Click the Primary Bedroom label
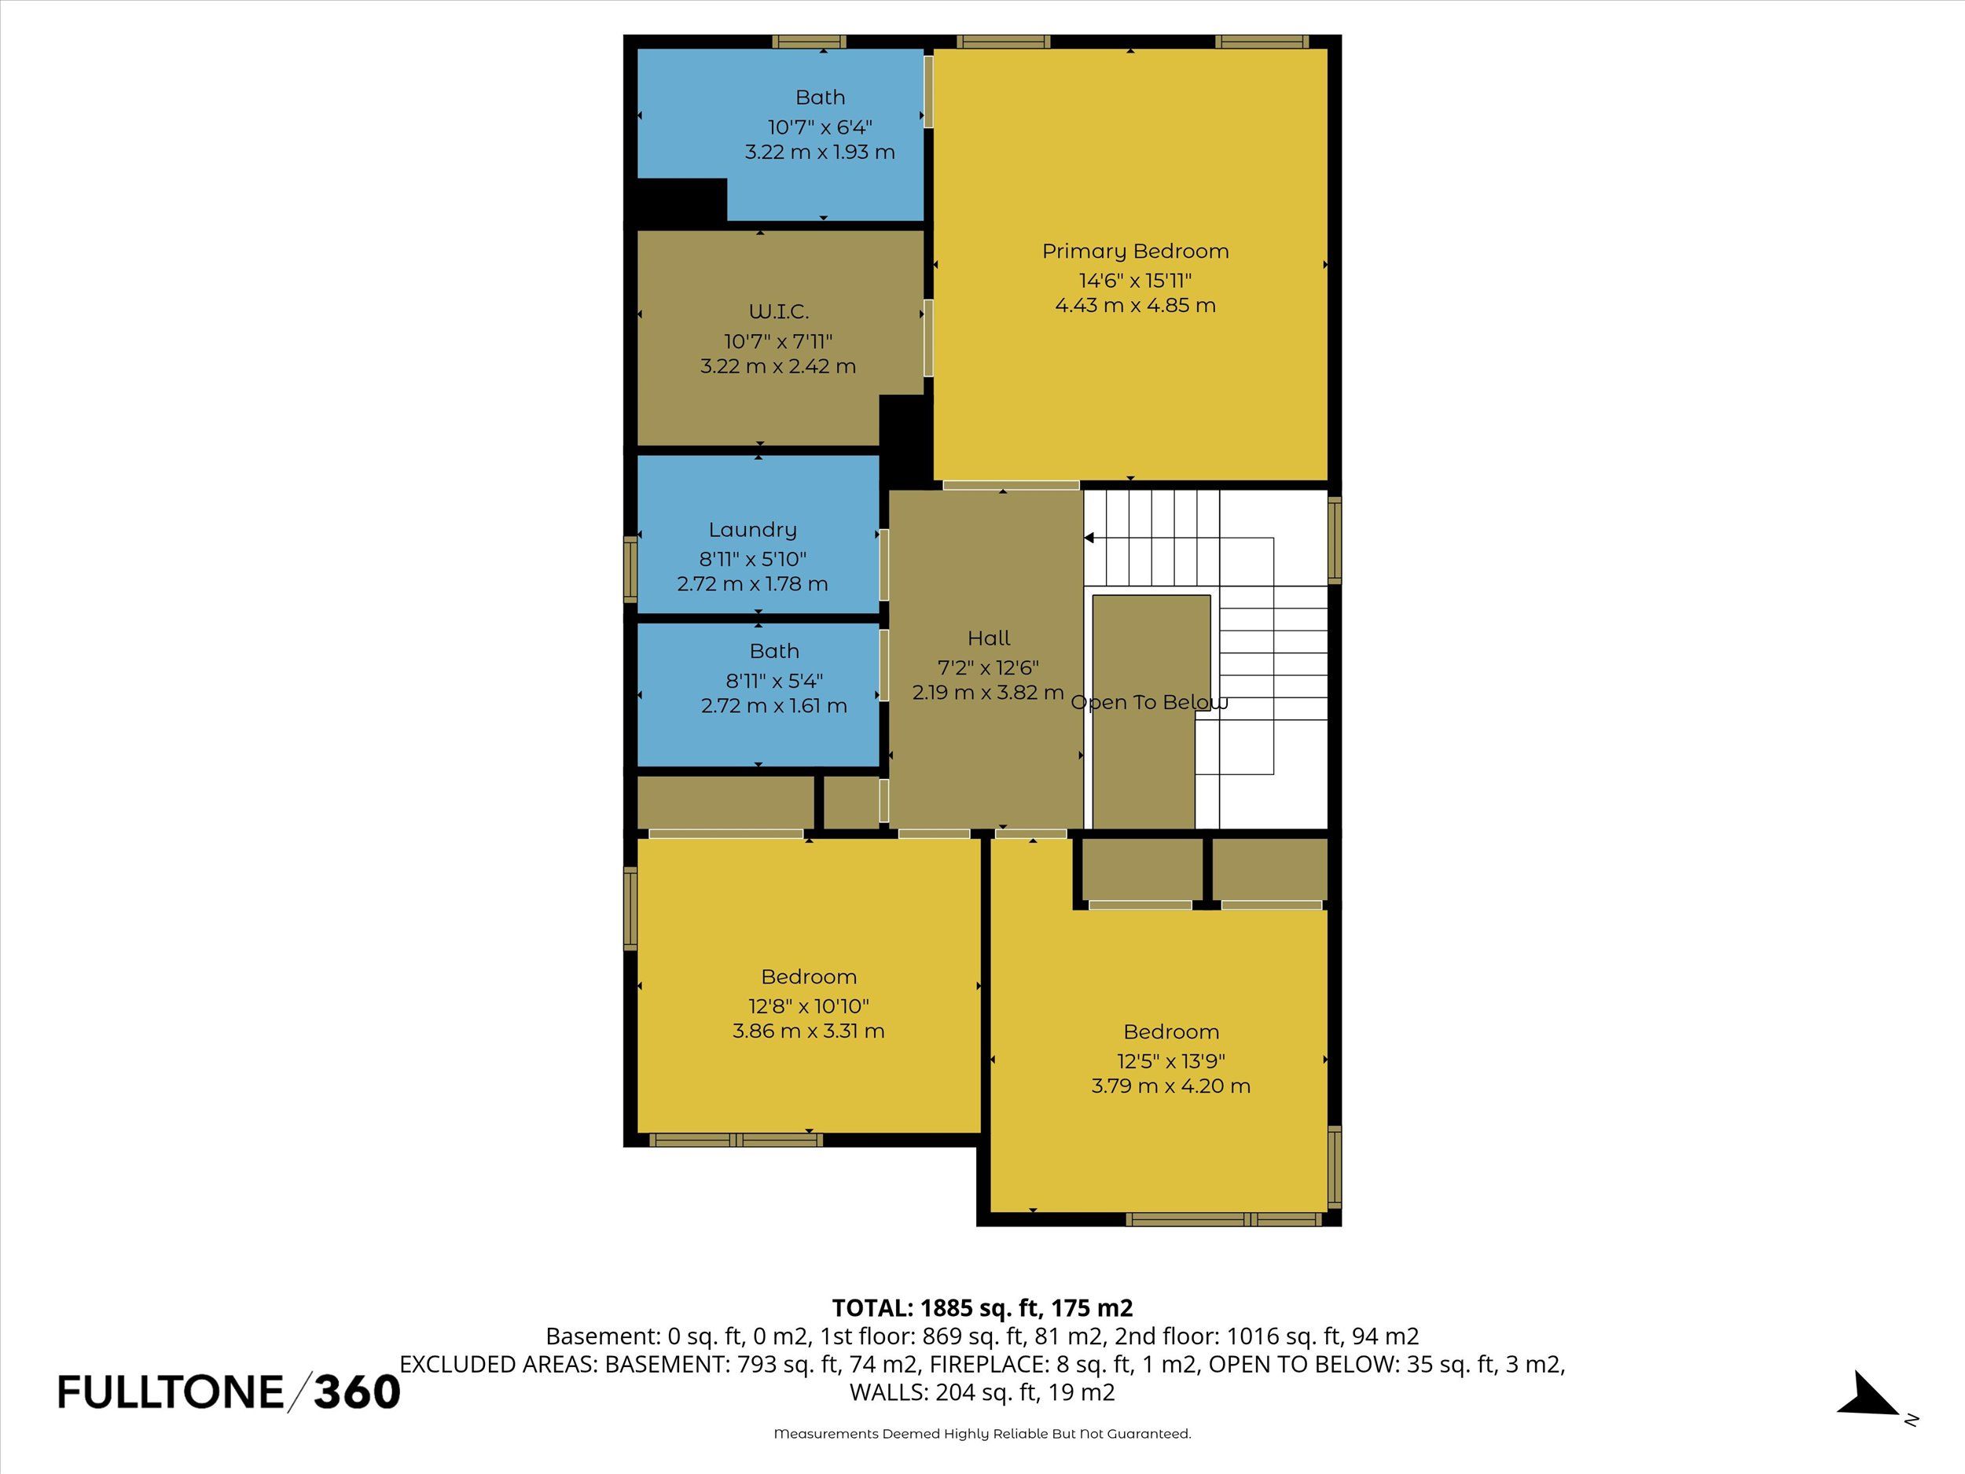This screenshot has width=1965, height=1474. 1135,252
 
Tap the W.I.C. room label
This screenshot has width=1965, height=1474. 779,312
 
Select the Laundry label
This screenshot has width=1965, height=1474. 752,531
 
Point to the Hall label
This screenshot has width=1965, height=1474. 989,638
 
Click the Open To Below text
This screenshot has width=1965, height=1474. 1149,703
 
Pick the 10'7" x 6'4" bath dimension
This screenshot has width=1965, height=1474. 820,127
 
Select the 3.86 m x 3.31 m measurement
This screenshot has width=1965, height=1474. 808,1031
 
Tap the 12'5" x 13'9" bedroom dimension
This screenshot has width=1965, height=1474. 1171,1060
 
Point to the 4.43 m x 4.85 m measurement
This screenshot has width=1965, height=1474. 1135,306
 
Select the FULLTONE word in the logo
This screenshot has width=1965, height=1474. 171,1392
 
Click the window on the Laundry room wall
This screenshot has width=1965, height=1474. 630,569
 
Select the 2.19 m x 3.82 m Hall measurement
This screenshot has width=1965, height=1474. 988,692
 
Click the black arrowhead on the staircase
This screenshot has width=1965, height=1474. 1089,538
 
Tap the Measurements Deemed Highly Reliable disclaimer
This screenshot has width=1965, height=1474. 982,1433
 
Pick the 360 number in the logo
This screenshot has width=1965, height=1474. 357,1392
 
